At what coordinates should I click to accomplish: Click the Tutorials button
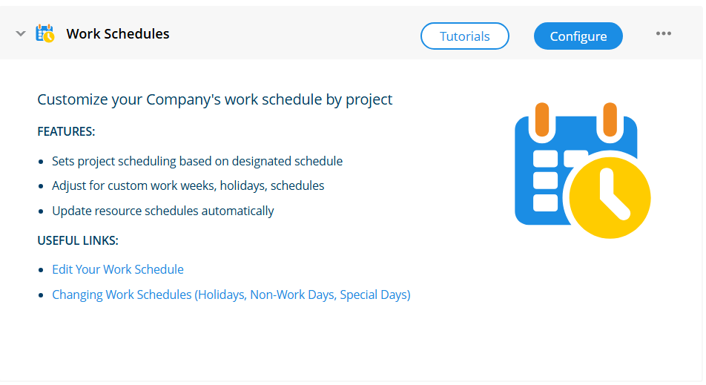465,36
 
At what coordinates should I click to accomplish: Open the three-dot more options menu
663,34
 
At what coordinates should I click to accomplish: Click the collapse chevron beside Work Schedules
20,34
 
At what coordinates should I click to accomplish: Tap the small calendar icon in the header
45,34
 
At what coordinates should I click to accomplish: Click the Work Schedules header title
118,34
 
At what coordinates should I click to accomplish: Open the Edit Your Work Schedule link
118,269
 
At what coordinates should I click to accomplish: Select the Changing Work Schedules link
231,294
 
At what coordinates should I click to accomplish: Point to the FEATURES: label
66,131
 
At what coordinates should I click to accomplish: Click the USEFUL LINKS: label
78,240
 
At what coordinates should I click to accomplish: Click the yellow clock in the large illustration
610,197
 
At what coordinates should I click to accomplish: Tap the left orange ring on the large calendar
542,119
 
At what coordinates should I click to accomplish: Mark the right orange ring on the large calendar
610,119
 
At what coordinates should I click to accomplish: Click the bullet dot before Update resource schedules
41,211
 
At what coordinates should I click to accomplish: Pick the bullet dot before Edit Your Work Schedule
41,270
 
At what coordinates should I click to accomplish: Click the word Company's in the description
183,99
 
